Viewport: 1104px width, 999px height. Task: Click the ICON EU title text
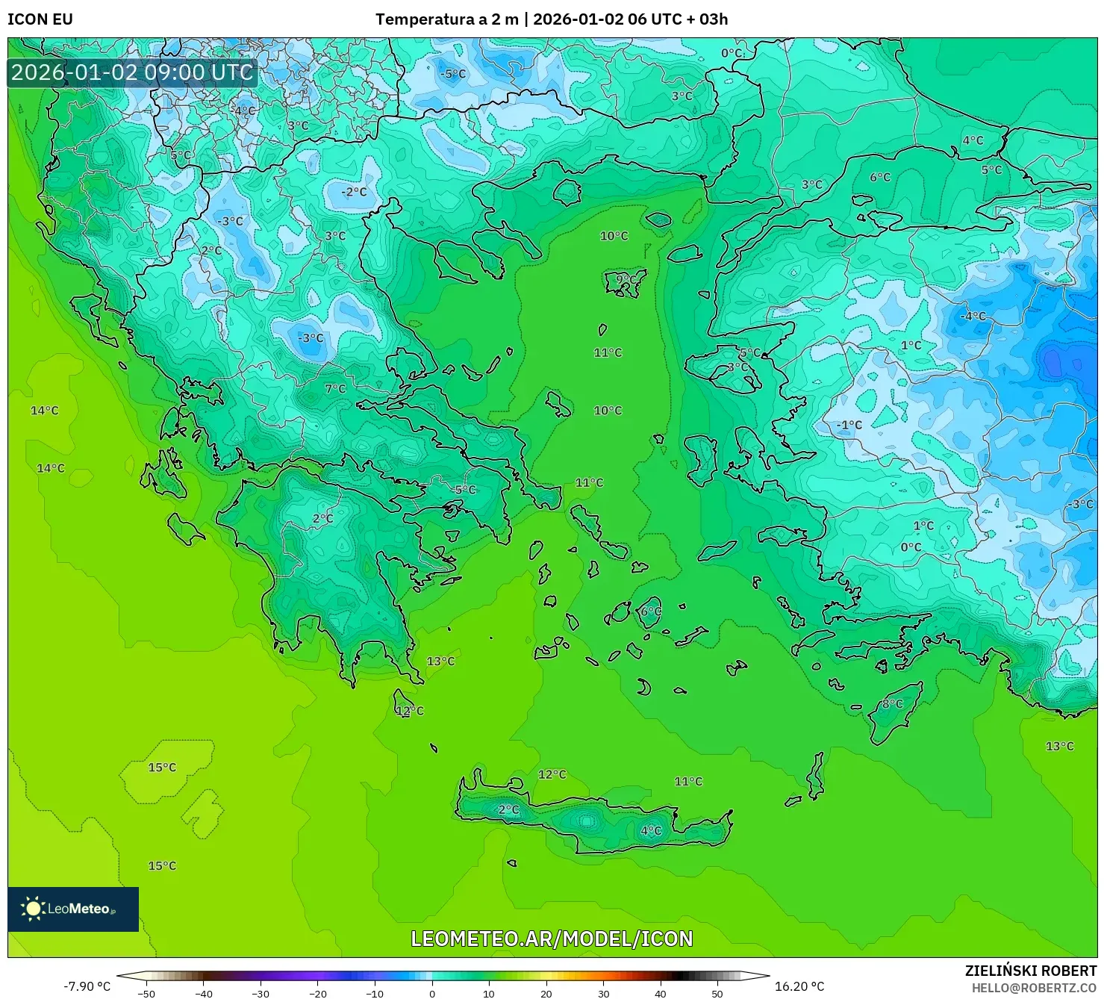40,19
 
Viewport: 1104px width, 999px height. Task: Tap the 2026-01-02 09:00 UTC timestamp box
132,72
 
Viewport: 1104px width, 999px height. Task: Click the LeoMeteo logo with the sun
72,909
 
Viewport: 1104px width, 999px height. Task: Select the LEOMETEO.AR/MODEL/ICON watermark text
552,939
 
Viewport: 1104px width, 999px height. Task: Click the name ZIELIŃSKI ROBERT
1030,971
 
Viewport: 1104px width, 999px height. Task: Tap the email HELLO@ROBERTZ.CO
1034,987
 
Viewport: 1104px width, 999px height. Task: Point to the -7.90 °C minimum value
87,986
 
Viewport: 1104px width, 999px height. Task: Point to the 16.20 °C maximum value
799,986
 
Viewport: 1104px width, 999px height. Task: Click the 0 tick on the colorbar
432,993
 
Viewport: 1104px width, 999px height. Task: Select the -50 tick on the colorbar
146,993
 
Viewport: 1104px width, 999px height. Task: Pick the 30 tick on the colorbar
603,993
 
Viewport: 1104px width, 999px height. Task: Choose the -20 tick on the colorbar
317,993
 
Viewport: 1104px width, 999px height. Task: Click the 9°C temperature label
626,280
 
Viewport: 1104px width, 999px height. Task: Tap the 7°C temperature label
335,388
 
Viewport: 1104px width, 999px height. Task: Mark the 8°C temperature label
892,703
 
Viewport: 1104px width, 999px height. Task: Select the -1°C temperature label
849,424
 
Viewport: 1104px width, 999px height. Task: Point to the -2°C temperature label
354,191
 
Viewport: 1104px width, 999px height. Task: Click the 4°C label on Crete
651,830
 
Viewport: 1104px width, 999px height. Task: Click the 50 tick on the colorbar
717,993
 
